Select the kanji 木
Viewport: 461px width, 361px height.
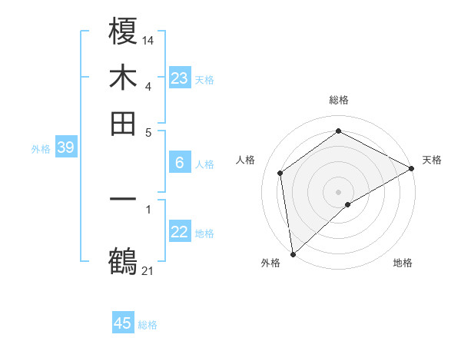124,78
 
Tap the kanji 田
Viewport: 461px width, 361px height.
124,123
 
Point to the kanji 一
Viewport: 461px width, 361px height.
124,199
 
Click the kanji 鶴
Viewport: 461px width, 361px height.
124,260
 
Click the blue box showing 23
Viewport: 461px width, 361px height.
179,78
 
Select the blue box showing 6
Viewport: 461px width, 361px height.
179,163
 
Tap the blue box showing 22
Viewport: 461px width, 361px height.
179,232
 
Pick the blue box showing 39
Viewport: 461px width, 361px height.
65,148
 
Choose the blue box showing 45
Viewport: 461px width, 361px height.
123,323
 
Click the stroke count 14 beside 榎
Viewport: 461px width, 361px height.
148,39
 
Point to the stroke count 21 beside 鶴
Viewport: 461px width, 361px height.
148,270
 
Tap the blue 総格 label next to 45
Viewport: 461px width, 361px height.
148,325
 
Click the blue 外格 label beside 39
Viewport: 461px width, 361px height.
41,149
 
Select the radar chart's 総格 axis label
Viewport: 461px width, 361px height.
339,100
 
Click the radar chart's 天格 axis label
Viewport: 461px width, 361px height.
432,160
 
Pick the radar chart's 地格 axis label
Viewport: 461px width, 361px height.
403,263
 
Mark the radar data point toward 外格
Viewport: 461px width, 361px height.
293,254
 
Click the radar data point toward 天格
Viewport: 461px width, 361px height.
412,170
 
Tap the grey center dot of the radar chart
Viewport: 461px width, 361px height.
339,191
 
